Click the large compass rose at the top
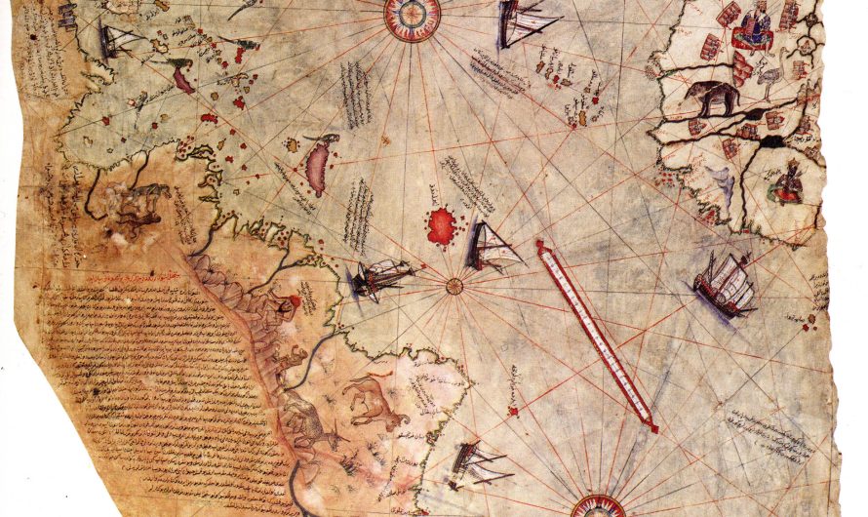(x=412, y=17)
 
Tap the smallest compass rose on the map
(x=454, y=286)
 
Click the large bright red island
(x=442, y=226)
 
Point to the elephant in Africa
(x=711, y=98)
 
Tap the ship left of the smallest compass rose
(x=382, y=278)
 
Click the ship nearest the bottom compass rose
(x=478, y=463)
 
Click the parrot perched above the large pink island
(x=332, y=140)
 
